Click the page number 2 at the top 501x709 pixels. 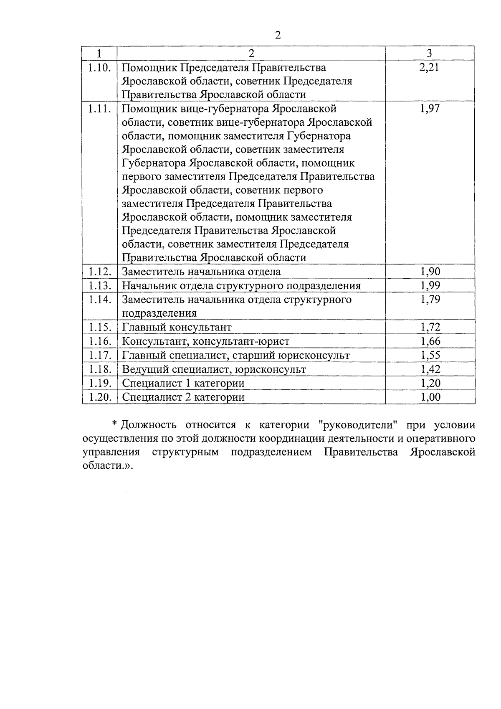tap(278, 35)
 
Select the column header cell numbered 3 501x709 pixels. tap(430, 53)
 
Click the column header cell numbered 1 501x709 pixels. tap(99, 53)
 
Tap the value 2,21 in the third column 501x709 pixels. tap(430, 67)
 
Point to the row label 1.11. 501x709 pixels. tap(99, 109)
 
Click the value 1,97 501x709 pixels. tap(430, 109)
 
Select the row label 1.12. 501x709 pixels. tap(99, 272)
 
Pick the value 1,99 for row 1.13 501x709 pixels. tap(430, 286)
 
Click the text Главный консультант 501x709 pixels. tap(177, 327)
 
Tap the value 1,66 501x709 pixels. tap(430, 341)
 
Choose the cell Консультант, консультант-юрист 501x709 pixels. tap(205, 341)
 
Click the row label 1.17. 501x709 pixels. tap(99, 355)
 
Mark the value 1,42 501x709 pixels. tap(430, 369)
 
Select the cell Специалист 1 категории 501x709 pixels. tap(183, 383)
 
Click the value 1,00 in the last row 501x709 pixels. tap(430, 397)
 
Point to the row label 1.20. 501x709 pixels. tap(99, 397)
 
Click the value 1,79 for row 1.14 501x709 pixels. tap(430, 300)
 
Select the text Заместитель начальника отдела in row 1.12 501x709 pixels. tap(201, 272)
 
